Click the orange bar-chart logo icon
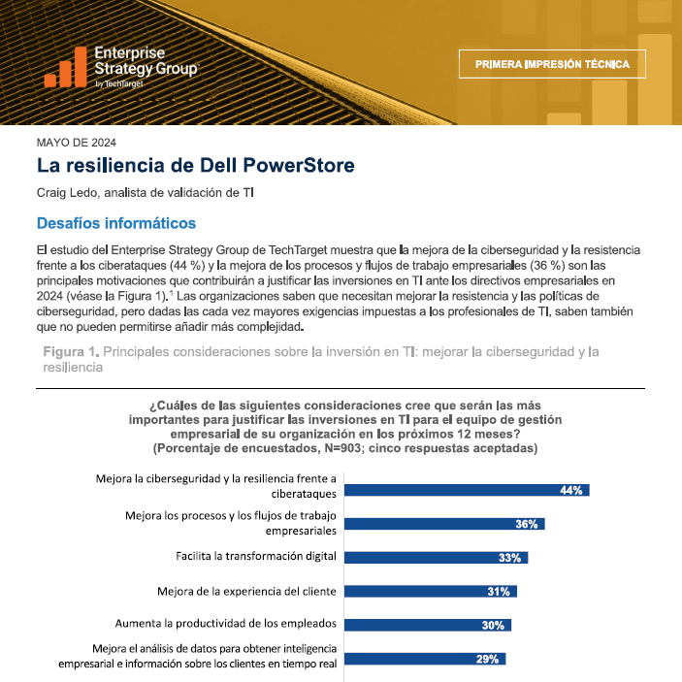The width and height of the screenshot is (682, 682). click(x=65, y=67)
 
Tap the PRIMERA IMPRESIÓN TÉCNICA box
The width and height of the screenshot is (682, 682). click(x=552, y=64)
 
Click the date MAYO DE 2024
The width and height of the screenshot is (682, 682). click(x=77, y=143)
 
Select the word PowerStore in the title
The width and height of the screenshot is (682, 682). click(x=299, y=165)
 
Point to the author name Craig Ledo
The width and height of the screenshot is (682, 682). click(x=67, y=193)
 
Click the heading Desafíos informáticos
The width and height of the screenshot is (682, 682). click(x=116, y=223)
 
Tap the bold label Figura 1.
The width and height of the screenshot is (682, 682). click(x=71, y=351)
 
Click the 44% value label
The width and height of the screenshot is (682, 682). click(x=571, y=490)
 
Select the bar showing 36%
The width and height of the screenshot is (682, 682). click(x=444, y=524)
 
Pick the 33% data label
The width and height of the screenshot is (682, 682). click(x=509, y=558)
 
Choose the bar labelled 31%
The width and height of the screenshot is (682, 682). click(x=431, y=591)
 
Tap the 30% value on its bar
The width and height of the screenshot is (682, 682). click(x=493, y=625)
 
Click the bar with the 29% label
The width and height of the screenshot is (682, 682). click(x=425, y=659)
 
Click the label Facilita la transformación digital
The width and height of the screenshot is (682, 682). click(x=256, y=556)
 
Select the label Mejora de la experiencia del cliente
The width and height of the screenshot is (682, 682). click(x=247, y=591)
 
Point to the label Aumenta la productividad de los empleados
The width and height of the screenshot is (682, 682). click(x=226, y=624)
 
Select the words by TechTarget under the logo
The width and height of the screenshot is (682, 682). click(x=119, y=83)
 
